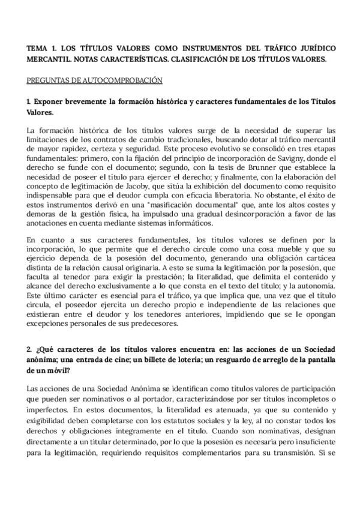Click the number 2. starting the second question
pos(31,349)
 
